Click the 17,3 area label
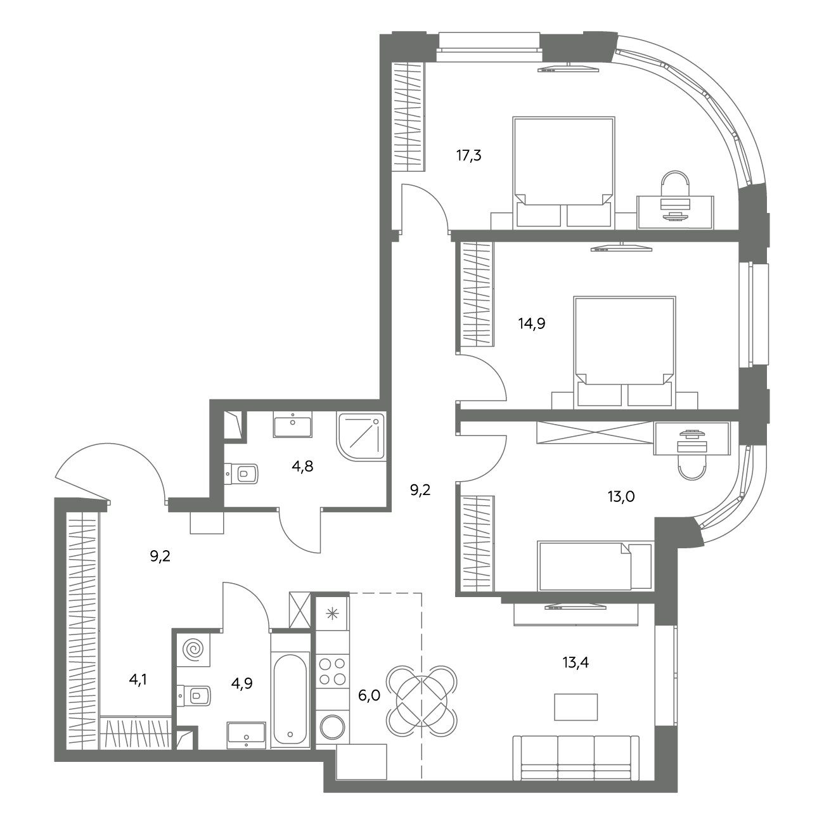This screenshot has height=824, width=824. tap(468, 155)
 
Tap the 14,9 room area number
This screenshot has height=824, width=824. tap(532, 324)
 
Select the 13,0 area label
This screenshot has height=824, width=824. tap(621, 496)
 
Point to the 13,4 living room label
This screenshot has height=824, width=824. tap(576, 662)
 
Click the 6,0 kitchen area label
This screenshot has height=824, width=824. tap(369, 696)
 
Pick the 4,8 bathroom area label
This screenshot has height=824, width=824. tap(302, 466)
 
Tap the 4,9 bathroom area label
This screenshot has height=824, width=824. tap(241, 683)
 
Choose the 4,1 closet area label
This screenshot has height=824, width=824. tap(138, 679)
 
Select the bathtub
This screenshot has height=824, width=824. tap(290, 702)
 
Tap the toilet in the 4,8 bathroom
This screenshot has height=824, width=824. tap(241, 473)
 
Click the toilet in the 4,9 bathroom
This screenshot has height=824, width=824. tap(194, 695)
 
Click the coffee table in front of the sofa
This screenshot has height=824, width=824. tap(576, 707)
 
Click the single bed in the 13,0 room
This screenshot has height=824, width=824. tap(595, 566)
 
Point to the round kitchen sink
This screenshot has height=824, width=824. tap(332, 727)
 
